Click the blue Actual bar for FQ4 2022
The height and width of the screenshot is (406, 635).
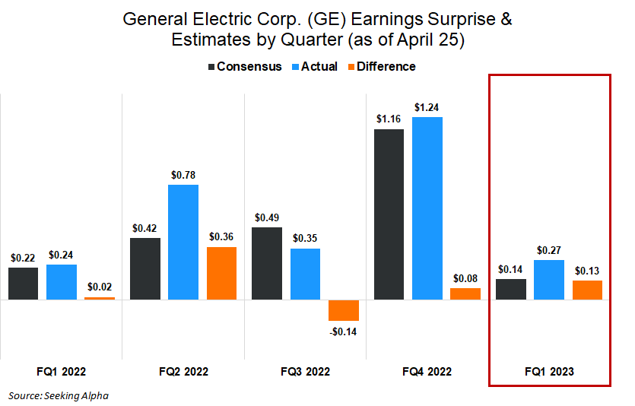pyautogui.click(x=427, y=208)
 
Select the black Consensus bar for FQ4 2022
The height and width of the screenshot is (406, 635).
pyautogui.click(x=389, y=214)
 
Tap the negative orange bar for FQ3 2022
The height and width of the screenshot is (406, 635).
pyautogui.click(x=344, y=310)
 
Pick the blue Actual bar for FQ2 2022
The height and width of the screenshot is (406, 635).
pyautogui.click(x=183, y=243)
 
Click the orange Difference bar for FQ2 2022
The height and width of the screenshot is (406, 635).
pyautogui.click(x=221, y=273)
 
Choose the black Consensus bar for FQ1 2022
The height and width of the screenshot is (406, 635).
pyautogui.click(x=24, y=284)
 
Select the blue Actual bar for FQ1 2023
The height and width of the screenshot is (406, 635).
pyautogui.click(x=549, y=280)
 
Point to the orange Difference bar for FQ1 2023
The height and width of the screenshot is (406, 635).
pyautogui.click(x=587, y=290)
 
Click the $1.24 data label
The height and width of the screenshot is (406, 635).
pyautogui.click(x=427, y=107)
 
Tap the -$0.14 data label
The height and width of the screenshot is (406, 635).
pyautogui.click(x=344, y=331)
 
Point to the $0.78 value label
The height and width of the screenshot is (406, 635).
pyautogui.click(x=183, y=175)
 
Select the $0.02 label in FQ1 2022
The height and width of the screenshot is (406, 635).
pyautogui.click(x=100, y=287)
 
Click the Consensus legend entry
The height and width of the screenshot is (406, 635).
pyautogui.click(x=244, y=67)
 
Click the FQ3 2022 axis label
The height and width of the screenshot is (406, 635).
pyautogui.click(x=305, y=372)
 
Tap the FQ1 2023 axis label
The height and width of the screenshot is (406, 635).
pyautogui.click(x=549, y=372)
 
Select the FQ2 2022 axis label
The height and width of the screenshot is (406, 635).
pyautogui.click(x=183, y=372)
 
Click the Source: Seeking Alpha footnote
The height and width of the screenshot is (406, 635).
pyautogui.click(x=59, y=395)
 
